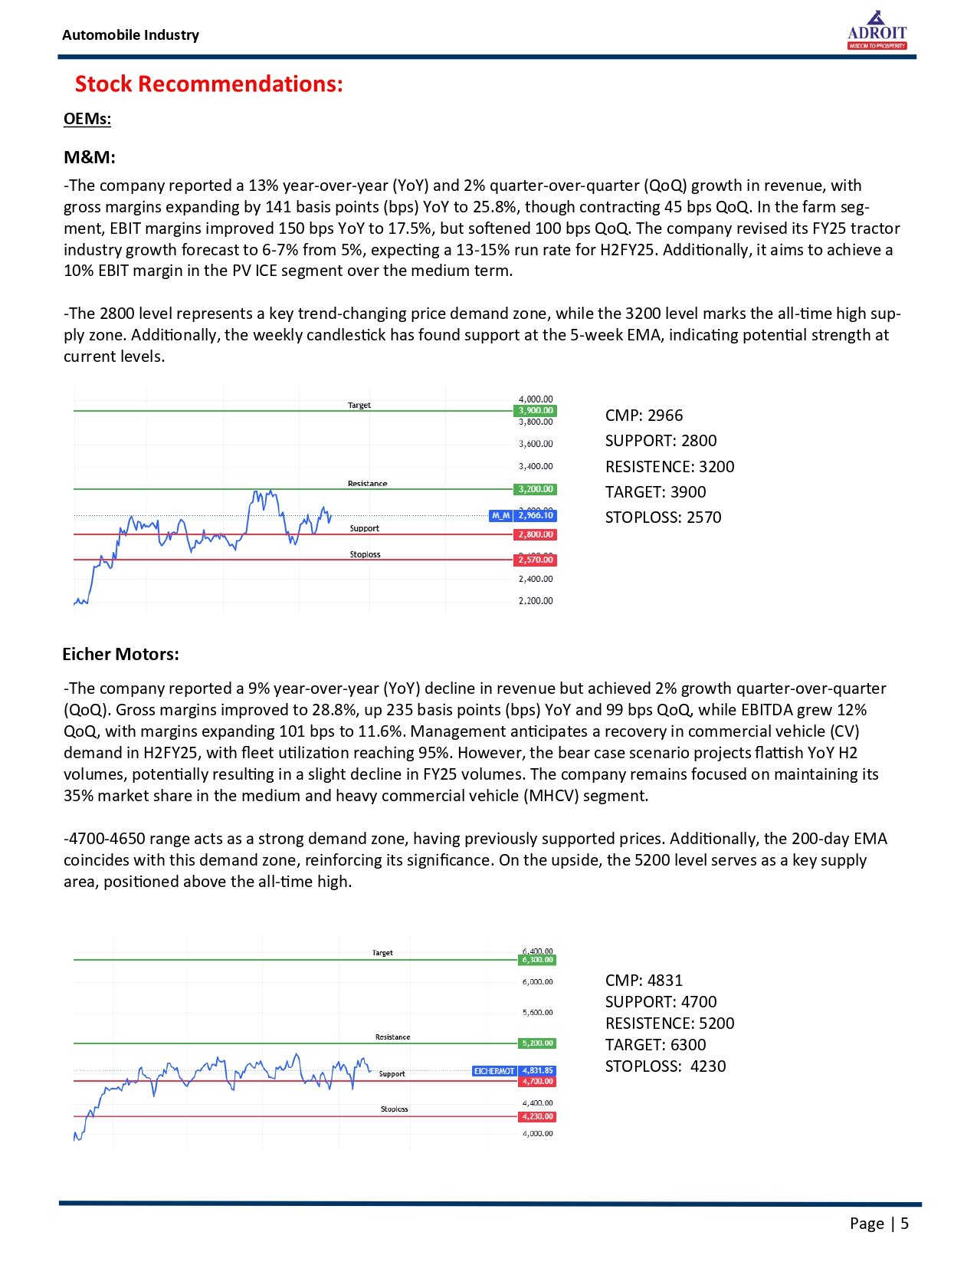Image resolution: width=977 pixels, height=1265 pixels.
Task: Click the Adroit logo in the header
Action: [x=877, y=31]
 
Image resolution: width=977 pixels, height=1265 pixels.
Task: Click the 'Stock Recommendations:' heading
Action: [x=208, y=84]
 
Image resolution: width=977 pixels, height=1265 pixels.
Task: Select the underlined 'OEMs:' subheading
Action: [x=87, y=119]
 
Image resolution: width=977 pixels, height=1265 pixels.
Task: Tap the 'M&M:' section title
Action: [x=90, y=158]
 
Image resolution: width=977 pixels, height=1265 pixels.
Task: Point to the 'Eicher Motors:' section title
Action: [x=120, y=654]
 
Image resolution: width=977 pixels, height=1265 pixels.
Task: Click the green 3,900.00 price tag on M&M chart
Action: [x=535, y=411]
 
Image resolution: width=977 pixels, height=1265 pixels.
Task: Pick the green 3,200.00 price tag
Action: [x=535, y=489]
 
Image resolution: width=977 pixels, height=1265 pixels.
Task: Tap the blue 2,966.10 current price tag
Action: [x=535, y=516]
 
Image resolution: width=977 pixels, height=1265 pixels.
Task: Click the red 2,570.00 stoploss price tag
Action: [x=535, y=560]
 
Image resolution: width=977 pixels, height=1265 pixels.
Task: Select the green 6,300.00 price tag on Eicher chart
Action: [x=537, y=960]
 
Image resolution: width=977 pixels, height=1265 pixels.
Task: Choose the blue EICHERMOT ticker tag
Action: [x=494, y=1071]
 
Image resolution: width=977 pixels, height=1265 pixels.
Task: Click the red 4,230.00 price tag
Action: [x=537, y=1117]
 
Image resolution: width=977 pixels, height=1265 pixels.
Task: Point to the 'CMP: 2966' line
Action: [x=644, y=416]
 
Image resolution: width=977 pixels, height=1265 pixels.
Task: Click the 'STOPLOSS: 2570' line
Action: [x=663, y=517]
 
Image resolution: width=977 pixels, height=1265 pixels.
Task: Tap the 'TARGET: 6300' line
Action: [x=655, y=1045]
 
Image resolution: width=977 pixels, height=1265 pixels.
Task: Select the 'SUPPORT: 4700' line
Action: [x=661, y=1002]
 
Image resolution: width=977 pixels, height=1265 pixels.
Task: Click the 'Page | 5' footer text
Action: [x=879, y=1224]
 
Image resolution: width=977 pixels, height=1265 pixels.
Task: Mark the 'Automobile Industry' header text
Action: [x=130, y=35]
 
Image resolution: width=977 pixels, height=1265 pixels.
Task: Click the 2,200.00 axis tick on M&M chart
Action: [x=536, y=601]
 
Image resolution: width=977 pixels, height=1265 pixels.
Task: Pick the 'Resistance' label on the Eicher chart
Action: [x=392, y=1037]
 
